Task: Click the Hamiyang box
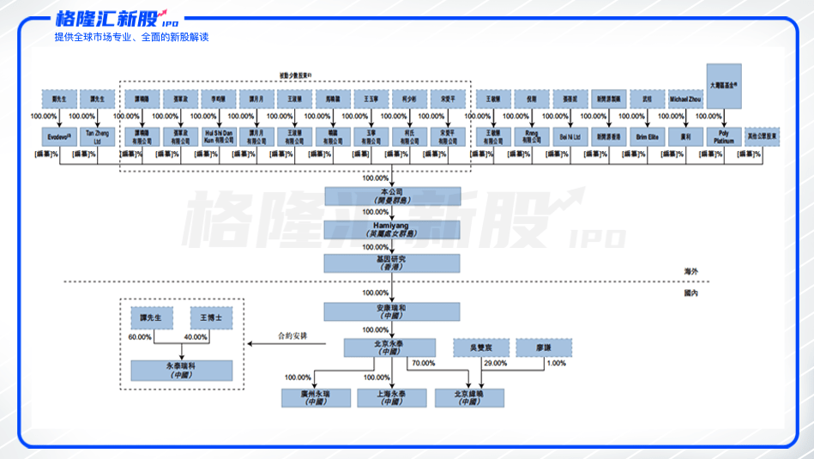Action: click(392, 229)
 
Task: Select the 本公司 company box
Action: click(392, 196)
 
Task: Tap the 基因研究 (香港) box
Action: click(392, 263)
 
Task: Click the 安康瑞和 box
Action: click(392, 311)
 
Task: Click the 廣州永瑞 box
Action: click(316, 397)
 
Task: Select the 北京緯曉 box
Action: click(468, 397)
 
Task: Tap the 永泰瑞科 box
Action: click(181, 371)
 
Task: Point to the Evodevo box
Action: click(59, 136)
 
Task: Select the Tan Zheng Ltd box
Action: click(97, 136)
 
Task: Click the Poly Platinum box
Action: click(725, 136)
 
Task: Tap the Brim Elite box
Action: click(647, 136)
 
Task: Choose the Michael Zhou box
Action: click(685, 99)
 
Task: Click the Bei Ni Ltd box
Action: click(570, 136)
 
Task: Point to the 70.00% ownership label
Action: click(423, 364)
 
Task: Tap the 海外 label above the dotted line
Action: click(690, 271)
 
